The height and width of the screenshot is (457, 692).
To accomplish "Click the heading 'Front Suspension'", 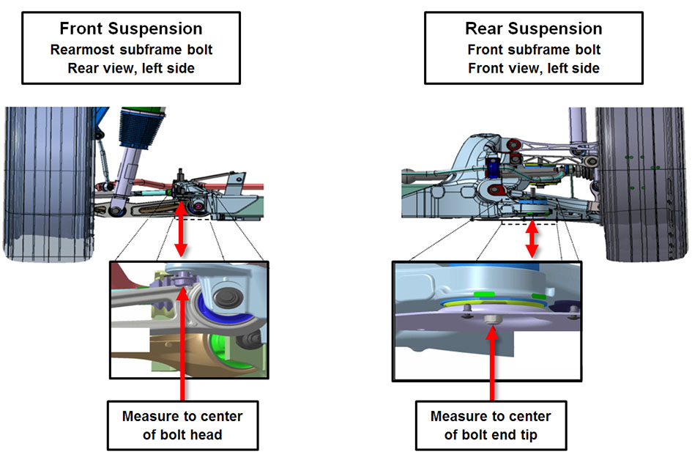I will tap(130, 29).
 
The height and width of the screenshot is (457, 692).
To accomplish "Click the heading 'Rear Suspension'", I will tap(534, 29).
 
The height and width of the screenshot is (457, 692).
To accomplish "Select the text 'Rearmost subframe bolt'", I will tap(130, 50).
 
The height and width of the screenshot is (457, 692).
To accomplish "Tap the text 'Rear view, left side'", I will tap(130, 68).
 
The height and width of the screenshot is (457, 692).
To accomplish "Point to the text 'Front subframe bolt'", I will tap(534, 50).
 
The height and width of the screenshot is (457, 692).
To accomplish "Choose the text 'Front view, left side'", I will tap(534, 68).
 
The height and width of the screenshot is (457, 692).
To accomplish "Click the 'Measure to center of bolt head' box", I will tap(182, 425).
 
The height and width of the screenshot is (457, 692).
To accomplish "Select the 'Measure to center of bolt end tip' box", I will tap(491, 425).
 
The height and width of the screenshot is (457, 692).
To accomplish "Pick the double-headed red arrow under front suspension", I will tap(182, 227).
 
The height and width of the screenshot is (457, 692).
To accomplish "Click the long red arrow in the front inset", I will tap(182, 344).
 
